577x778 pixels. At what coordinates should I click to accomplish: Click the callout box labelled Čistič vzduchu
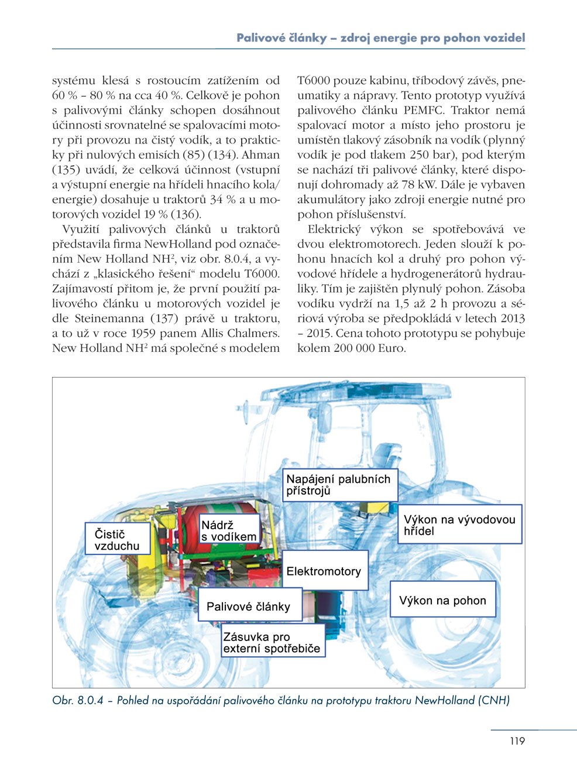tap(117, 539)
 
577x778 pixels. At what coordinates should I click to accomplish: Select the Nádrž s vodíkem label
tap(228, 530)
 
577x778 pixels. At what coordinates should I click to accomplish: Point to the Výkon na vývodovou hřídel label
tap(460, 525)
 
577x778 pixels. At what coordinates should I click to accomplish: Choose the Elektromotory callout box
tap(325, 571)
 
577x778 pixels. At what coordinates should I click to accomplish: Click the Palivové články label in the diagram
tap(250, 606)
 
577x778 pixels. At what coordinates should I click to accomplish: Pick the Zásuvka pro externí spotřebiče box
tap(273, 642)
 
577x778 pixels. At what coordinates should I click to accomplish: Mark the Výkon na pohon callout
tap(443, 600)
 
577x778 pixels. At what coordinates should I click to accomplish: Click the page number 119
tap(517, 741)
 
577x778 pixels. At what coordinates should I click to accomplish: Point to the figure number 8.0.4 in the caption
tap(90, 700)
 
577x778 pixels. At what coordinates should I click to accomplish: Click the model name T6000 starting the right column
tap(315, 80)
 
